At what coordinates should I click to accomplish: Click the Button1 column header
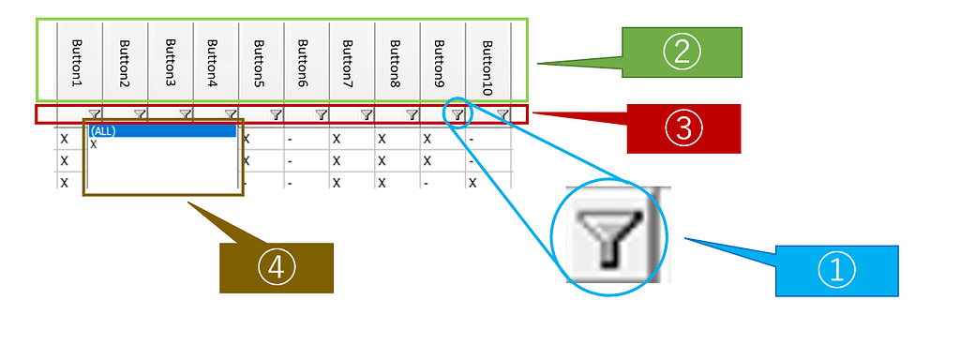click(x=78, y=62)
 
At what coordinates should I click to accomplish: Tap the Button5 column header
click(x=261, y=62)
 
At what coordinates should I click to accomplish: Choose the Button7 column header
click(x=351, y=62)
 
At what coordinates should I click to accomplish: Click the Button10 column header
click(x=487, y=62)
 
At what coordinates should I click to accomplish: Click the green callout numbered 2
click(x=682, y=52)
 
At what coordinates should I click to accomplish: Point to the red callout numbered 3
click(x=683, y=128)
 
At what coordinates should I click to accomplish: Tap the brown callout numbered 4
click(x=277, y=268)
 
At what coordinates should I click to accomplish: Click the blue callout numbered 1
click(x=836, y=271)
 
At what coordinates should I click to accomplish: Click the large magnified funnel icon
click(x=609, y=235)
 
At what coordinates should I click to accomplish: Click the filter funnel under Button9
click(x=457, y=114)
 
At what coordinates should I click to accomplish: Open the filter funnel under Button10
click(x=503, y=114)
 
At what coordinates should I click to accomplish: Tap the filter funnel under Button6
click(x=321, y=114)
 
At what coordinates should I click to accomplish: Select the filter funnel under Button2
click(x=140, y=114)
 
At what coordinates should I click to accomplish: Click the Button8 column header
click(x=397, y=62)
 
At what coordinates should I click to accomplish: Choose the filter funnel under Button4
click(x=231, y=114)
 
